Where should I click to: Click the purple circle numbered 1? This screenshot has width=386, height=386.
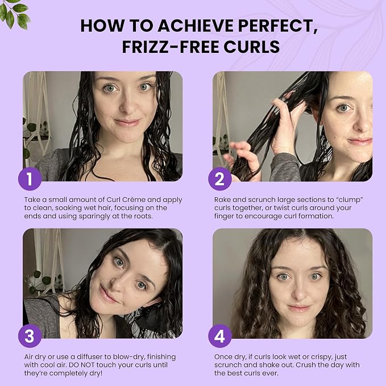click(30, 179)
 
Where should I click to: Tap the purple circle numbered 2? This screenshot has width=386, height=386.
click(220, 179)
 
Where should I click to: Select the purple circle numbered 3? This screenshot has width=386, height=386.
click(30, 336)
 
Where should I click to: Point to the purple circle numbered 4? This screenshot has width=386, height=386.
click(220, 336)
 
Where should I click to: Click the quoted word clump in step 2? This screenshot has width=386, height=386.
click(349, 200)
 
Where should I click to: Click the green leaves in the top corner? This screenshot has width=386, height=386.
click(14, 14)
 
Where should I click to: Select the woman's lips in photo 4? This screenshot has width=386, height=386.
click(299, 308)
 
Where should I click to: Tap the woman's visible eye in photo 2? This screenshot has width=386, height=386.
click(344, 108)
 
